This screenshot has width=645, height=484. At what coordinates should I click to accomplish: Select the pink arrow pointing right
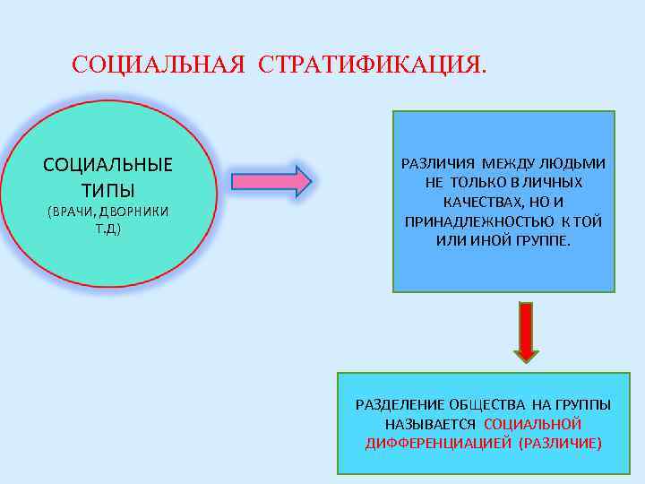pyautogui.click(x=271, y=181)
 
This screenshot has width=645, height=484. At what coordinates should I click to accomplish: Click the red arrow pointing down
pyautogui.click(x=526, y=332)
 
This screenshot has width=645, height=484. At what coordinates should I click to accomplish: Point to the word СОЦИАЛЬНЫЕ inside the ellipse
pyautogui.click(x=108, y=166)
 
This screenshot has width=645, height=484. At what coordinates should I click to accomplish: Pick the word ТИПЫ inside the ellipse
pyautogui.click(x=108, y=190)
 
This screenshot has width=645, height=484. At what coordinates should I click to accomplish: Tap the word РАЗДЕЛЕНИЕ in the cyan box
pyautogui.click(x=398, y=404)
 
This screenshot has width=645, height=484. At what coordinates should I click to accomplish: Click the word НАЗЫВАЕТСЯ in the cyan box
pyautogui.click(x=431, y=424)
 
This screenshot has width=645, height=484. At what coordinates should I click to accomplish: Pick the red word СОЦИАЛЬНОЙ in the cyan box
pyautogui.click(x=532, y=424)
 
